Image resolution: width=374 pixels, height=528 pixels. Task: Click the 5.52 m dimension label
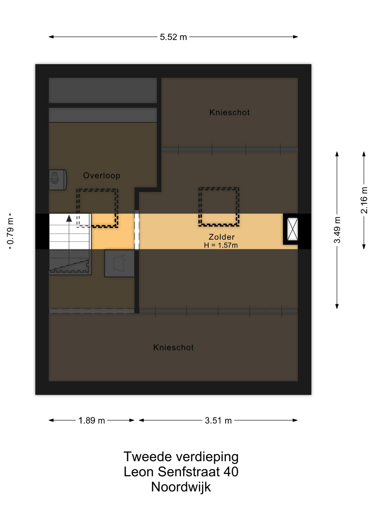click(x=173, y=37)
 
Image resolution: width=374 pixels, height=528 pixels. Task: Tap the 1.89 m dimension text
click(x=91, y=420)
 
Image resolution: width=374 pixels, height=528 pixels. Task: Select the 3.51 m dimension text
click(x=218, y=420)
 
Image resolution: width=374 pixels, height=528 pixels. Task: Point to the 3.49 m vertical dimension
click(x=337, y=230)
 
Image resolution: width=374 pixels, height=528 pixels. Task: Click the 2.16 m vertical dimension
click(x=364, y=200)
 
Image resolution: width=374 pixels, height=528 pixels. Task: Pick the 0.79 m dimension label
click(x=10, y=231)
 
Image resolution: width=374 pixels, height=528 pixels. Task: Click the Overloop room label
click(x=102, y=175)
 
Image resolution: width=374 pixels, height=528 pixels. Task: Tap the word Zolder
click(x=222, y=237)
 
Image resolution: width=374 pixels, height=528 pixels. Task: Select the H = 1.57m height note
click(x=221, y=245)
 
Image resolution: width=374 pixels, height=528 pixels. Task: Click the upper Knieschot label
click(x=229, y=112)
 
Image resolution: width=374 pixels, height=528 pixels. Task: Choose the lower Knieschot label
click(x=174, y=348)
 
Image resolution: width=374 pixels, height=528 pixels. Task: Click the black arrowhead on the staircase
click(x=69, y=219)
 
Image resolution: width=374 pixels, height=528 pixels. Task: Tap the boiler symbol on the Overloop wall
click(x=58, y=180)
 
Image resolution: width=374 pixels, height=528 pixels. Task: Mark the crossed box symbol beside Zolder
click(x=292, y=229)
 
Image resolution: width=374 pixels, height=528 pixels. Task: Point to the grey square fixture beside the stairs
click(x=120, y=263)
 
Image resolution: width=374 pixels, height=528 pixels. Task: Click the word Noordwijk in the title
click(x=181, y=487)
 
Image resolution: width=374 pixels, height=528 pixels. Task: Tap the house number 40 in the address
click(x=231, y=472)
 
